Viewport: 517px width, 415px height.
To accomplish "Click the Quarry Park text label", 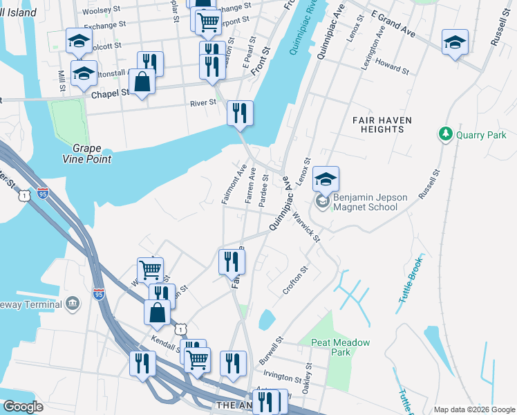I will [481, 135].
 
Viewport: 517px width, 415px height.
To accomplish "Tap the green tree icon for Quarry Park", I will [446, 133].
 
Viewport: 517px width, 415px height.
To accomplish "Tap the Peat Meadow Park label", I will [341, 347].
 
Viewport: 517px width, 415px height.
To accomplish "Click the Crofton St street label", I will [294, 281].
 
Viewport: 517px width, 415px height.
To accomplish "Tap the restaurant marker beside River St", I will [240, 113].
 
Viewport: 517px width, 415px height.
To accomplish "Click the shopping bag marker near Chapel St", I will [142, 82].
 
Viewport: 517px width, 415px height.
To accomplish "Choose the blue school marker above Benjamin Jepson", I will [326, 179].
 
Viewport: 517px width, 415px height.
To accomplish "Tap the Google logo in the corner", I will [23, 406].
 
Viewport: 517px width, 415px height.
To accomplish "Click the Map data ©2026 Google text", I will [474, 409].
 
